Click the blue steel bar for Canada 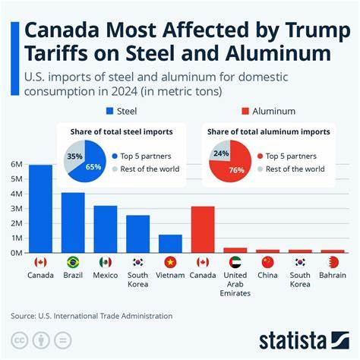(40, 209)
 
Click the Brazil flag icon (73, 262)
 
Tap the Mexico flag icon (106, 262)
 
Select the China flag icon (267, 262)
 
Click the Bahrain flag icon (332, 262)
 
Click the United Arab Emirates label (235, 283)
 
